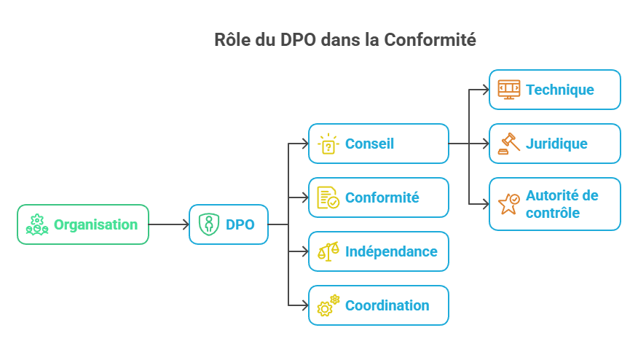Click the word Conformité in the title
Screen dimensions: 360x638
pyautogui.click(x=431, y=40)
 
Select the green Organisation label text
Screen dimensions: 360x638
pyautogui.click(x=95, y=224)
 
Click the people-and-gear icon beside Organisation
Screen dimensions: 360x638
pyautogui.click(x=37, y=224)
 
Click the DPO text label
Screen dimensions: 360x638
pyautogui.click(x=240, y=224)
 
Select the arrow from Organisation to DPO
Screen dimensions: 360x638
pyautogui.click(x=168, y=224)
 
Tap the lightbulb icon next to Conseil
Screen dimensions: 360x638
pyautogui.click(x=328, y=144)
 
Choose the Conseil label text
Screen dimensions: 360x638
pyautogui.click(x=369, y=144)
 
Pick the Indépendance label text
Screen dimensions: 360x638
pyautogui.click(x=391, y=251)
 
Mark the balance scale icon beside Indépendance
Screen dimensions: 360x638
pyautogui.click(x=328, y=251)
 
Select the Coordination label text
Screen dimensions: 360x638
pyautogui.click(x=387, y=305)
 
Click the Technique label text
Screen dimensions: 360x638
pyautogui.click(x=559, y=90)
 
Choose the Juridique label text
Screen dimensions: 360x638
pyautogui.click(x=556, y=144)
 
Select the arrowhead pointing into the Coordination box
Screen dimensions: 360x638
pyautogui.click(x=304, y=305)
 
